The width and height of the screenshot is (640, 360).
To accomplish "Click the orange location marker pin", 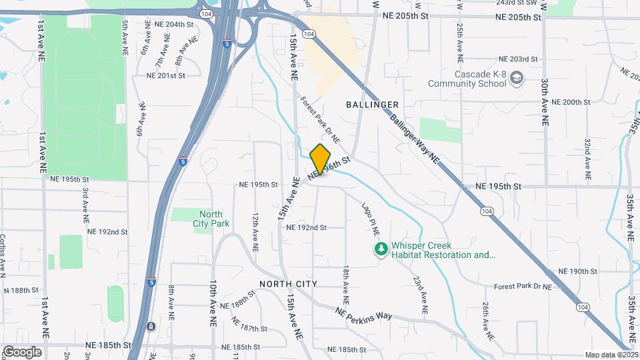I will point(321,159).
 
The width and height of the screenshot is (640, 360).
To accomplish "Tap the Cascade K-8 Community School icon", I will point(517,79).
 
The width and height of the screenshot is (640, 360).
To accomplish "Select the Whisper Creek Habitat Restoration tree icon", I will point(381,249).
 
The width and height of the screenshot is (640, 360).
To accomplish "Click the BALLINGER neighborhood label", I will point(373,105).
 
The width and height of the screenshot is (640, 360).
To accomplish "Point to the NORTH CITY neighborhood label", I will point(288,284).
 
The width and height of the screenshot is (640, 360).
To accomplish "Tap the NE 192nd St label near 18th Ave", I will point(306,227).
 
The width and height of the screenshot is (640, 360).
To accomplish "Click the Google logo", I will point(22,351).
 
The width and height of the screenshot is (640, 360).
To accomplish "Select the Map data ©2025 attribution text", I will point(611,355).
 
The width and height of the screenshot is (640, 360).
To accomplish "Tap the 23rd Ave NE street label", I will point(421,295).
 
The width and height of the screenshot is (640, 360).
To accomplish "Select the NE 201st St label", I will point(165,75).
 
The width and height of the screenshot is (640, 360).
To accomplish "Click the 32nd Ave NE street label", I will point(588,157).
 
